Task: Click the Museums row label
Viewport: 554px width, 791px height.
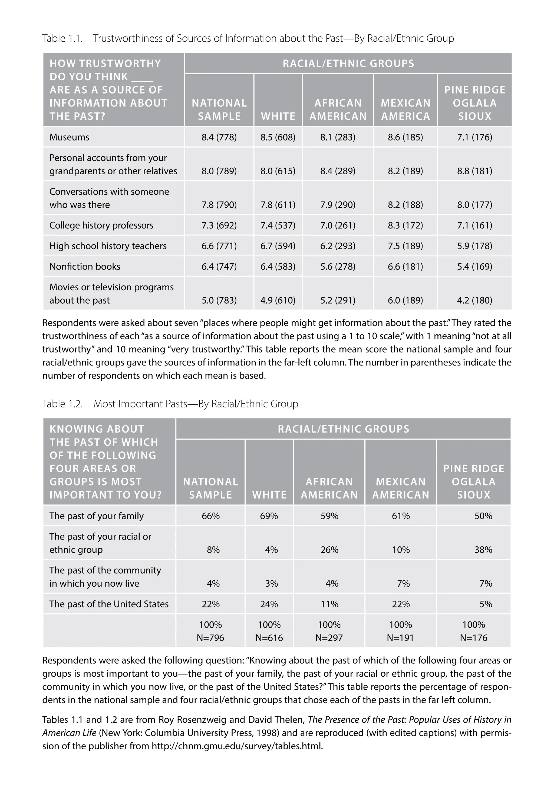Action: pyautogui.click(x=69, y=137)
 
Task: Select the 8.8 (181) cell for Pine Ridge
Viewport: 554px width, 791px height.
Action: pyautogui.click(x=474, y=171)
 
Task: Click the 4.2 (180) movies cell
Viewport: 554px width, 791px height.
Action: pyautogui.click(x=474, y=300)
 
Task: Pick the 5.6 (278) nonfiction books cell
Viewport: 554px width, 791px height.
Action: pyautogui.click(x=338, y=266)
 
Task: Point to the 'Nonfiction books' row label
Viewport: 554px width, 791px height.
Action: pyautogui.click(x=85, y=266)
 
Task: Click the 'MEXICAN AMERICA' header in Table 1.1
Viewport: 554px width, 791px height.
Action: pyautogui.click(x=405, y=109)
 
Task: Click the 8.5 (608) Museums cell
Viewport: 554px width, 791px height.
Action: pyautogui.click(x=278, y=137)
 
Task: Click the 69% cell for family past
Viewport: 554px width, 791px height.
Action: pyautogui.click(x=269, y=516)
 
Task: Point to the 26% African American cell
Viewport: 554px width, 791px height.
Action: pyautogui.click(x=329, y=550)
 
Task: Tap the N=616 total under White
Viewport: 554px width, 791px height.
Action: pyautogui.click(x=269, y=638)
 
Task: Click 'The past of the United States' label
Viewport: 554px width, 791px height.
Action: pyautogui.click(x=109, y=604)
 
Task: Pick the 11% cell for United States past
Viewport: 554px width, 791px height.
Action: pyautogui.click(x=329, y=604)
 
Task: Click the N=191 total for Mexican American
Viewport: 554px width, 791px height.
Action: pyautogui.click(x=401, y=638)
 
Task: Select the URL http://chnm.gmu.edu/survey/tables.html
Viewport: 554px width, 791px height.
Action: pyautogui.click(x=237, y=746)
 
